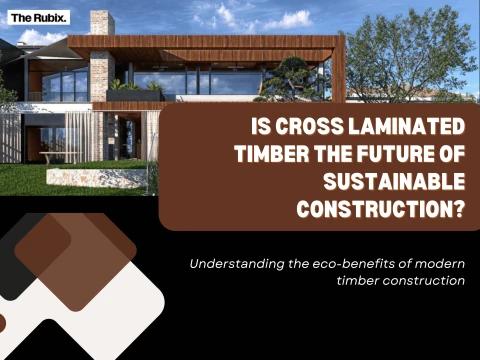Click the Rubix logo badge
(39, 18)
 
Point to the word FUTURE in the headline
(391, 154)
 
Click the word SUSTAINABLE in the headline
(394, 181)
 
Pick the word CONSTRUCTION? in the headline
(381, 209)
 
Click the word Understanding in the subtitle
(237, 264)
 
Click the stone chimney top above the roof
(102, 22)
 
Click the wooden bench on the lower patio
(60, 157)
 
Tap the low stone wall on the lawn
(97, 178)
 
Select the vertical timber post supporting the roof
(340, 69)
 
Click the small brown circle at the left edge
(2, 323)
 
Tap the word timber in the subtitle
(357, 280)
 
